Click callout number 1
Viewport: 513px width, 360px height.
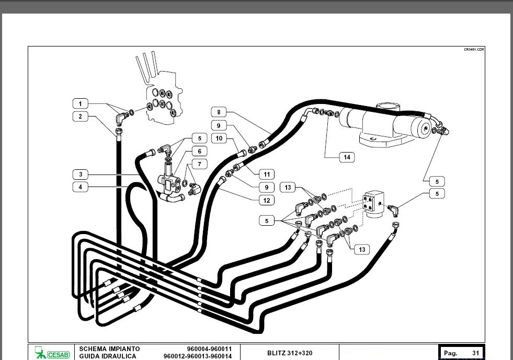(80, 103)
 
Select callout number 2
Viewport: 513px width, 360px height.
(80, 117)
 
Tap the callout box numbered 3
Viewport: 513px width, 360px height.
(80, 174)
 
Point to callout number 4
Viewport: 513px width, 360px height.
(80, 187)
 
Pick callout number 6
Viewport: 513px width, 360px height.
(199, 152)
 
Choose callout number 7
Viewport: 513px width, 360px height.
(199, 164)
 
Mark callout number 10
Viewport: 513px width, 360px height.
(219, 138)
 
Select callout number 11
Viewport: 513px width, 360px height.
(267, 174)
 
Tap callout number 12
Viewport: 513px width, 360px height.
(267, 200)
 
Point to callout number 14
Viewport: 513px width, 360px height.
(346, 157)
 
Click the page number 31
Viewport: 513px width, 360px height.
(475, 353)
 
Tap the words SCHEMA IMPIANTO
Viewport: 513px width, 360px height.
(109, 349)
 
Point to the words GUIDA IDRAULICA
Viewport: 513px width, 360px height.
(108, 356)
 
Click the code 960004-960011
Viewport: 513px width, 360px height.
(209, 349)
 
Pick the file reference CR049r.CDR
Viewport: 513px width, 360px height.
(474, 49)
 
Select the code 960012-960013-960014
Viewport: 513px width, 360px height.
(198, 356)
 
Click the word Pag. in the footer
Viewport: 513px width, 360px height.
(450, 353)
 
